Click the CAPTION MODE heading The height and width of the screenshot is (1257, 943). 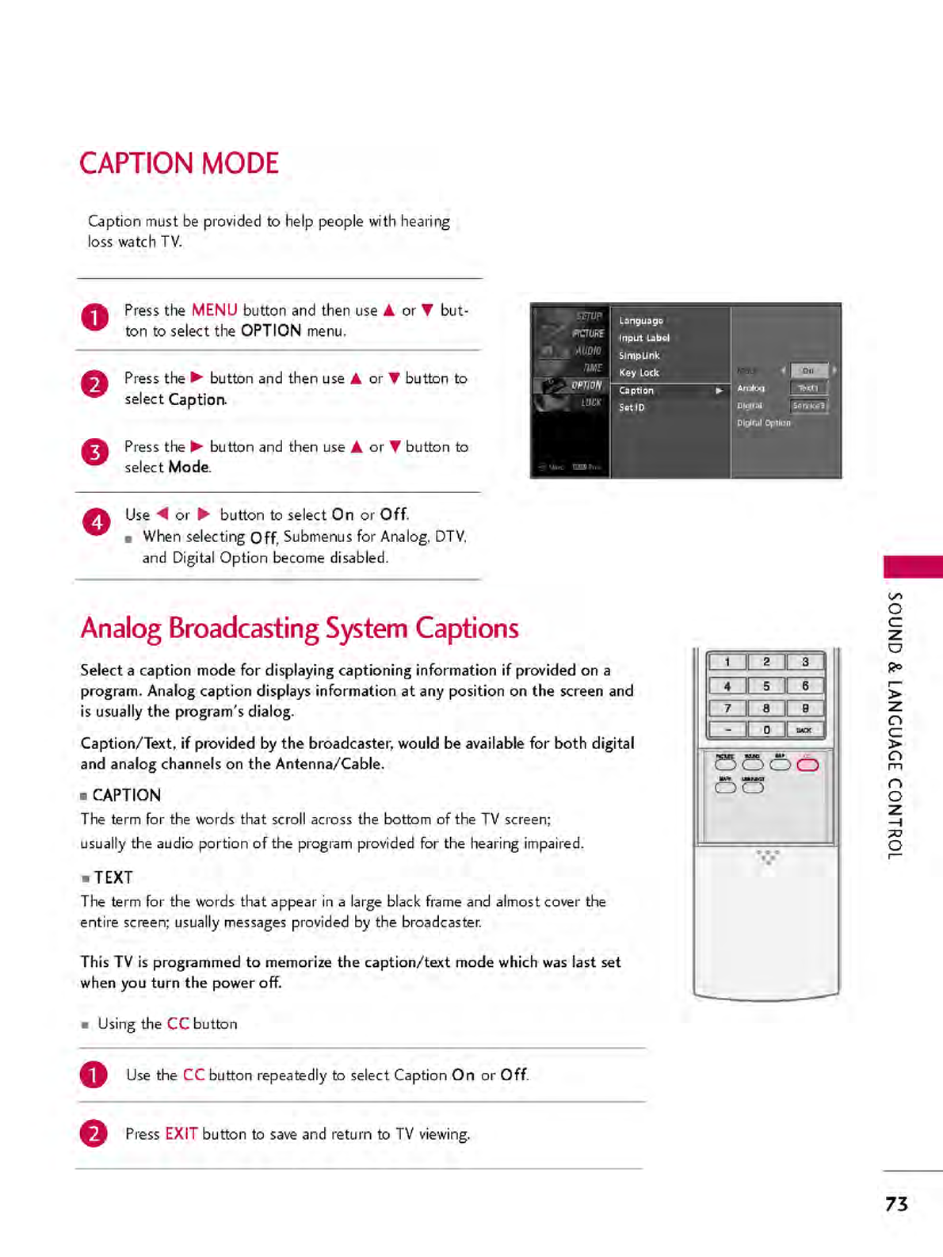pos(179,163)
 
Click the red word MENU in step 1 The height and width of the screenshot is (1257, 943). pos(214,310)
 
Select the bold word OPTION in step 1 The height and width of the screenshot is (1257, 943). pos(271,330)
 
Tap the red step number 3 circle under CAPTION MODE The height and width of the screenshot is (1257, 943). pos(95,453)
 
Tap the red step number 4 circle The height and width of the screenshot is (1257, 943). pos(97,522)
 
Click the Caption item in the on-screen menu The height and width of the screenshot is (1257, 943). pos(637,391)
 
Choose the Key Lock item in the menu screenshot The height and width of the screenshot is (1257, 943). pos(639,373)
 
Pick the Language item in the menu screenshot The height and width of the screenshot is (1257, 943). pos(641,321)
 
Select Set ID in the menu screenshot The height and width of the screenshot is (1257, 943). pos(632,407)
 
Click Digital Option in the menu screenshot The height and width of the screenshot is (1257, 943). pos(764,423)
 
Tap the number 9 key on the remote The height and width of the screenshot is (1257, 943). pos(805,708)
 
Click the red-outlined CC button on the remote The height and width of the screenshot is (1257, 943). pos(807,764)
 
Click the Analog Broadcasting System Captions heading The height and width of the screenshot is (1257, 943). pos(300,628)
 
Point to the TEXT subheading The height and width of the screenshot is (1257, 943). pos(113,877)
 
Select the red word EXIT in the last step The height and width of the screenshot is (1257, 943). pos(181,1133)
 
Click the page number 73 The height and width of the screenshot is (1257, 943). pos(896,1204)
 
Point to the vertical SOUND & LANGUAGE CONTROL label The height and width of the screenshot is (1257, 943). pos(895,725)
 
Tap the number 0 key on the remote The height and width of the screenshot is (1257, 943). pos(766,730)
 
